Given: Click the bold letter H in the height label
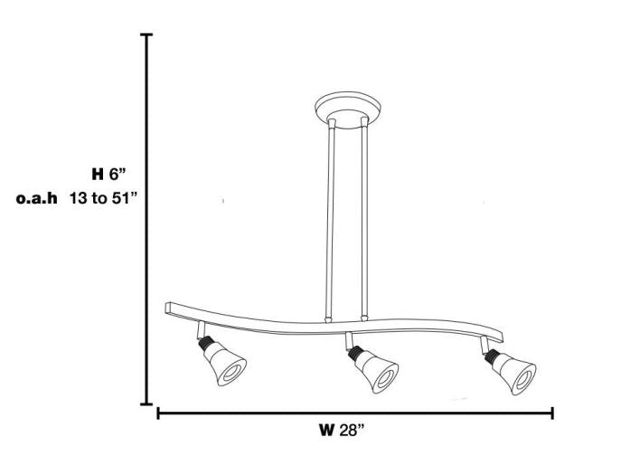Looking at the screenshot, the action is (98, 174).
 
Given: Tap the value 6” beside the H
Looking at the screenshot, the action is (118, 174).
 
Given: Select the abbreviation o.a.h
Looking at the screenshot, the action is (37, 198).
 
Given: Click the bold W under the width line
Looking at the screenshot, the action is (327, 430).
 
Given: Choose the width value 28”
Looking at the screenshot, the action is (352, 430).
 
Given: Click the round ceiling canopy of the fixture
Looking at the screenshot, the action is (348, 109).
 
